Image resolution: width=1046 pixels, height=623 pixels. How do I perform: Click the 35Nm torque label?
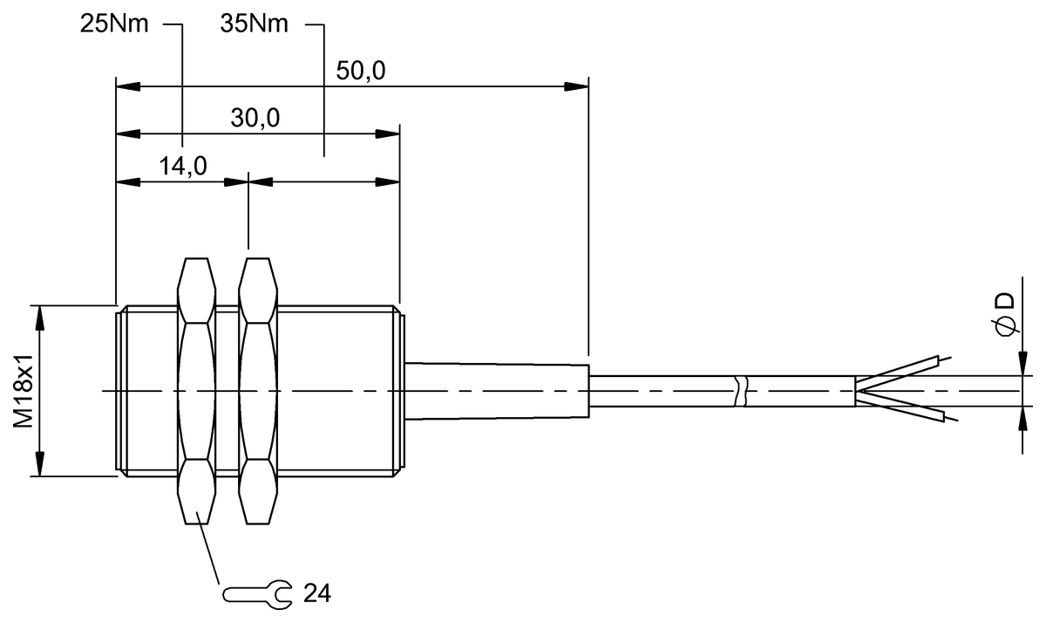coord(255,24)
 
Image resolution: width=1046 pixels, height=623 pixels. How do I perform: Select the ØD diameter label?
coord(1005,313)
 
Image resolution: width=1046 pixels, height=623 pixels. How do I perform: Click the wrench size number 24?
coord(318,595)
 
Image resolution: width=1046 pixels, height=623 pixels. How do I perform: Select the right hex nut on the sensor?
coord(259,390)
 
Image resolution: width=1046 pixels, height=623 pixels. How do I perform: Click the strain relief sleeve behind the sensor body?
coord(497,390)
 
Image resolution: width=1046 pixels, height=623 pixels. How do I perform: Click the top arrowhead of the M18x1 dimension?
coord(37,316)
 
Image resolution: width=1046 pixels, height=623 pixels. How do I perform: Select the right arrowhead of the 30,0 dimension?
coord(388,133)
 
